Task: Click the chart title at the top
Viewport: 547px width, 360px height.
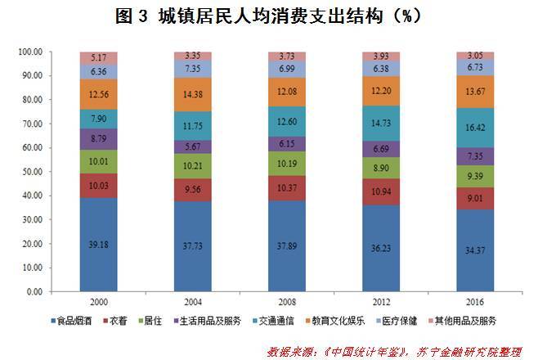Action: point(273,15)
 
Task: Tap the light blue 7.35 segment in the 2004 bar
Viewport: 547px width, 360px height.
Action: point(194,68)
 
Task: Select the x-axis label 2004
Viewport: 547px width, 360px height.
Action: point(194,300)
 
